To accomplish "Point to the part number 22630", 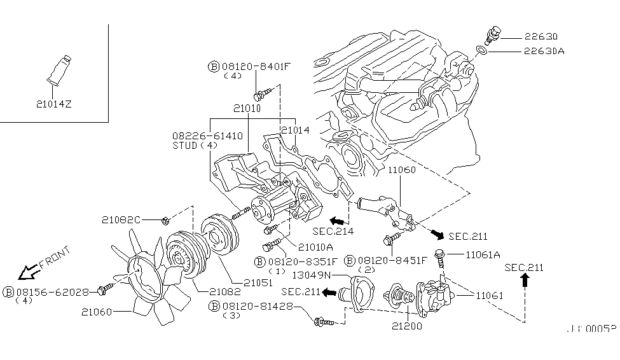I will [541, 37].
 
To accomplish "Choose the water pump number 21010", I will [247, 109].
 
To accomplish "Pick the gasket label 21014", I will [294, 129].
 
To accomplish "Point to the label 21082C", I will [121, 220].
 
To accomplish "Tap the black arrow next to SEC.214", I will [331, 218].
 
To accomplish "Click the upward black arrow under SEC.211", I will [525, 282].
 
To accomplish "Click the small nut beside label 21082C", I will [163, 221].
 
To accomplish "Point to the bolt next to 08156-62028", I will [104, 291].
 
